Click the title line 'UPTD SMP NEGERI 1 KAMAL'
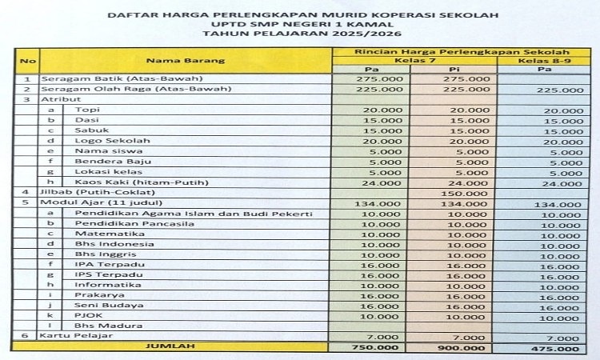coord(299,25)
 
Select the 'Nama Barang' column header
coord(185,60)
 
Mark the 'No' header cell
coord(27,60)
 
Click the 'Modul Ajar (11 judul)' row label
coord(86,202)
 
